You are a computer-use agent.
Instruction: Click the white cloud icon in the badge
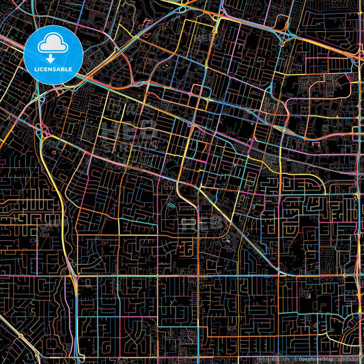53,43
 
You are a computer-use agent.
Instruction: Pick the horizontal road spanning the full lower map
205,276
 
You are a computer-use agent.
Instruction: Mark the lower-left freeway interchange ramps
72,273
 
